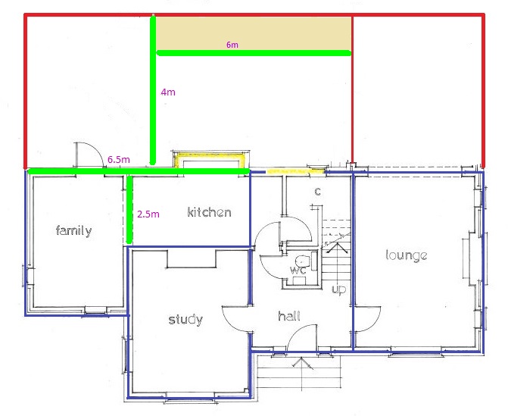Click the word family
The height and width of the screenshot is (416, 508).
point(74,230)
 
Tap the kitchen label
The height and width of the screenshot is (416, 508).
point(209,212)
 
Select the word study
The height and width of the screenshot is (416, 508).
point(185,320)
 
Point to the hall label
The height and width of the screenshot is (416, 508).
point(289,315)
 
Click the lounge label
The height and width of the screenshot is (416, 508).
point(407,255)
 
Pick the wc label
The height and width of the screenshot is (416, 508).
point(298,270)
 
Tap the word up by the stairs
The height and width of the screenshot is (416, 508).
point(339,289)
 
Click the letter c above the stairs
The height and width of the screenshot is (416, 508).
point(317,191)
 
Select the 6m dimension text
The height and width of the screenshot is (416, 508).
point(232,45)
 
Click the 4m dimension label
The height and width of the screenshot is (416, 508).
point(168,92)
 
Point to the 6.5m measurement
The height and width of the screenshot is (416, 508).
point(119,159)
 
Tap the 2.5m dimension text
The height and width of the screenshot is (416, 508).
point(148,214)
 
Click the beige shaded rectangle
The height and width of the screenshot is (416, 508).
point(254,33)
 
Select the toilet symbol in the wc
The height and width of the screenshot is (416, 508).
point(301,260)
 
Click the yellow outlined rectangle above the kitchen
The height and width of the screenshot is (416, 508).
point(212,160)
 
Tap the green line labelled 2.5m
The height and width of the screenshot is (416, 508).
point(129,209)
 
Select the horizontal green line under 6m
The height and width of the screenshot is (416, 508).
point(254,53)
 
